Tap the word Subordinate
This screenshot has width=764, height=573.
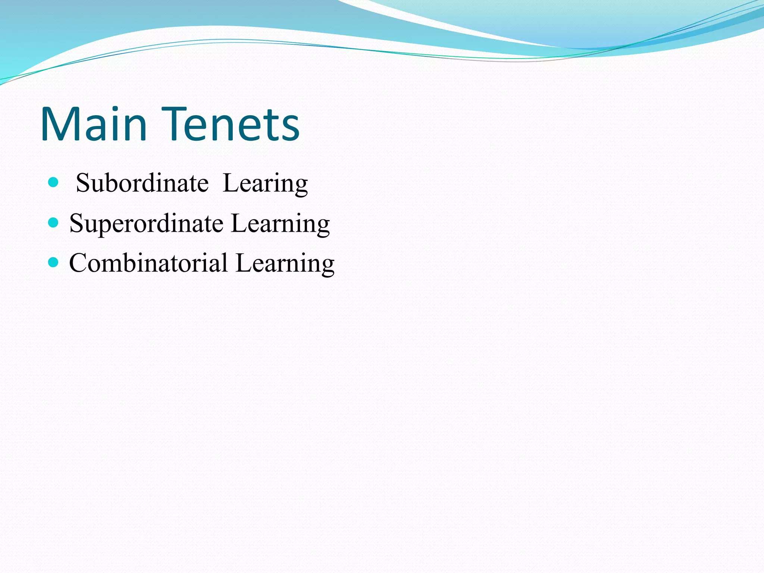(x=142, y=183)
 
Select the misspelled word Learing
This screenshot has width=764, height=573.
(x=265, y=184)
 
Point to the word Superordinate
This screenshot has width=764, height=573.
(x=146, y=224)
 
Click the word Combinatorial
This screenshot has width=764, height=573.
(x=148, y=263)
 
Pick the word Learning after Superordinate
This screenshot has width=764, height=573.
(x=280, y=224)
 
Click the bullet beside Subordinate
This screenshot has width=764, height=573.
(x=54, y=182)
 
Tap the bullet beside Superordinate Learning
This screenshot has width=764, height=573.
(x=54, y=223)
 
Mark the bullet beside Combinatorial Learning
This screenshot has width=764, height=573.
(x=54, y=263)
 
